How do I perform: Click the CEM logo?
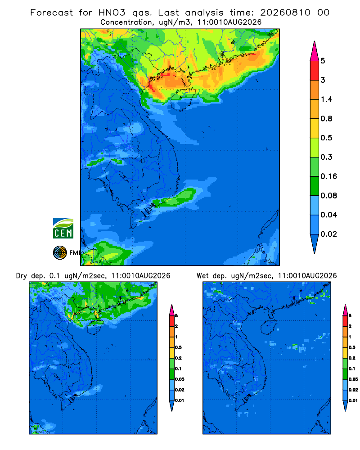(63, 228)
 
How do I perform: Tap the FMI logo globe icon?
(60, 253)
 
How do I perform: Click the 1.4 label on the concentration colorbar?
(326, 99)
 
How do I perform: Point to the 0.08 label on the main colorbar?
(328, 195)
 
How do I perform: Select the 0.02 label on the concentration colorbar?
(328, 234)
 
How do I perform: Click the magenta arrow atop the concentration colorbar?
(315, 51)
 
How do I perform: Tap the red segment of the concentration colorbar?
(315, 70)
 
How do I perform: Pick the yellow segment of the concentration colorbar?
(315, 128)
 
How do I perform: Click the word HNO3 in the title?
(112, 13)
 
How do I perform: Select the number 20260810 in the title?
(285, 13)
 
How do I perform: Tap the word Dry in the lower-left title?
(22, 276)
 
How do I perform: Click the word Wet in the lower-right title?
(202, 276)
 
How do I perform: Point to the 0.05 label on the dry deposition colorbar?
(180, 379)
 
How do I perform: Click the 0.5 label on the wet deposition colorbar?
(352, 347)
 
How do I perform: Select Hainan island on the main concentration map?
(183, 99)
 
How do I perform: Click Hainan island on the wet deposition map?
(269, 327)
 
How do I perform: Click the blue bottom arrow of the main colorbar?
(315, 243)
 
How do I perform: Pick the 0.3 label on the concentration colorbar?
(326, 157)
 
